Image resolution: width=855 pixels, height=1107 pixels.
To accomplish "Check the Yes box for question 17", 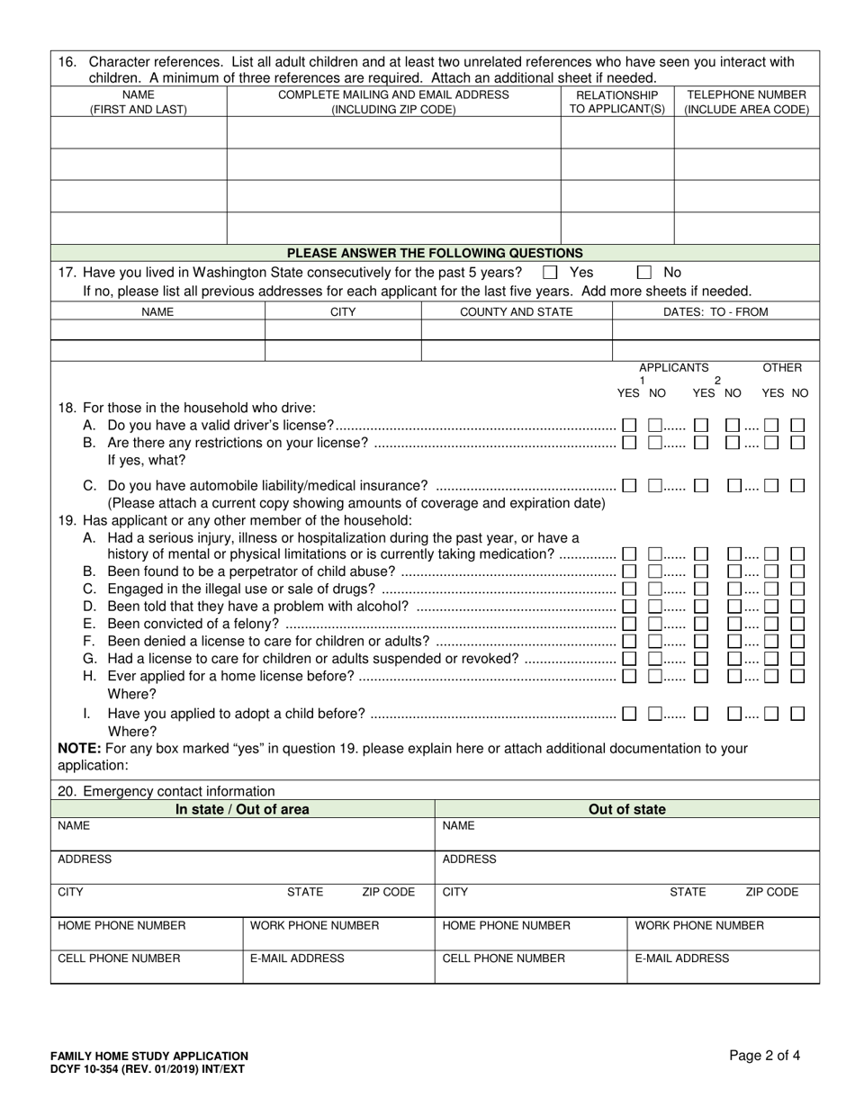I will pos(551,272).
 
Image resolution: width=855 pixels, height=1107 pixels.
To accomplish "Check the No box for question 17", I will pos(643,272).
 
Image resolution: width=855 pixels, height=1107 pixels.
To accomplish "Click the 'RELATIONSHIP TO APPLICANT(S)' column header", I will pos(617,102).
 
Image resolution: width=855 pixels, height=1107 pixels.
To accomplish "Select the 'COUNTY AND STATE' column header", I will pos(516,311).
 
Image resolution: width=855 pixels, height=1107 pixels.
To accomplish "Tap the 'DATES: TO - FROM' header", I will pos(715,311).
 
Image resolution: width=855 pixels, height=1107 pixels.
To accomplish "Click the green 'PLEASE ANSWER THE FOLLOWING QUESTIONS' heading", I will pos(435,253).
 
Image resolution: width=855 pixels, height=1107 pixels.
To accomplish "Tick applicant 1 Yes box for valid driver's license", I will pos(630,425).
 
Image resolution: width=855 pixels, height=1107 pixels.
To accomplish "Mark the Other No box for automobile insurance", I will pos(797,485).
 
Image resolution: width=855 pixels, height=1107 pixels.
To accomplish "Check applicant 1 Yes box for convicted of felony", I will pos(630,623).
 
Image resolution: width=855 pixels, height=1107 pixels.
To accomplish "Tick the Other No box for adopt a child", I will pos(797,714).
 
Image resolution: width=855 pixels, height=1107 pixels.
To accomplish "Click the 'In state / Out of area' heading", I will pos(242,809).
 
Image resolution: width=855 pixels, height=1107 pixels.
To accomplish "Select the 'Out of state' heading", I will pos(627,809).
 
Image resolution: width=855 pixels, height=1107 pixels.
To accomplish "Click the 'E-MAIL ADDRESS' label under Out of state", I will pos(681,958).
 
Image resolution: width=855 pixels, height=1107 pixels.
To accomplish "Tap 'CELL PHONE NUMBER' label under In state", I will pos(119,958).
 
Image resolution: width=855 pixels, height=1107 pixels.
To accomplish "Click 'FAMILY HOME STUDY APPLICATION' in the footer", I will pos(149,1056).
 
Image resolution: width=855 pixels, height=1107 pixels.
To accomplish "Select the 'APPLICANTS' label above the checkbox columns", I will pos(673,367).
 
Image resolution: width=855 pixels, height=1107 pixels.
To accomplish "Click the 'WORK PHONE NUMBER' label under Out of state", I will pos(699,925).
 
